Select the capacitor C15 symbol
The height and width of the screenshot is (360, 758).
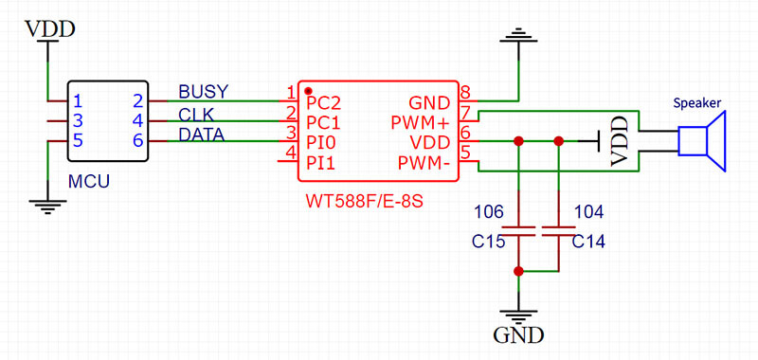coord(518,229)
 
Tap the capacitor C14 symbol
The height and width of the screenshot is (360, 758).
coord(559,229)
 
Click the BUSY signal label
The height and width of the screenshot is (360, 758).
coord(203,92)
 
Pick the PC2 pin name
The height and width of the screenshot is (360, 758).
coord(323,102)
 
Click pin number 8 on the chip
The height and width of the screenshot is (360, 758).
coord(465,92)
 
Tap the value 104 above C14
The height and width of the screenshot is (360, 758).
coord(588,210)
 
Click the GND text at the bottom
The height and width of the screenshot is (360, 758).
coord(518,335)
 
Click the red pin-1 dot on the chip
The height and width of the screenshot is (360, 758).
coord(308,91)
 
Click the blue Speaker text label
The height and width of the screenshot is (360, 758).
coord(697,102)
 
